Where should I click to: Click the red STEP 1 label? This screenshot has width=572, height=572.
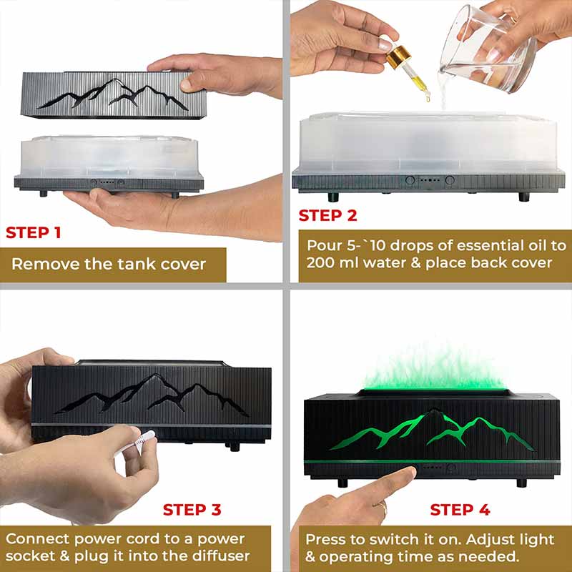point(33,233)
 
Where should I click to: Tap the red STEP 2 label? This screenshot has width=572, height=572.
point(327,215)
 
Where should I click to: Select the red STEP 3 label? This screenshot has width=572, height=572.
point(192,510)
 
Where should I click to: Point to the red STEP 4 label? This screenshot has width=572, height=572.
point(460,510)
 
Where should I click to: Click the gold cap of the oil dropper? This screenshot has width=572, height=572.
point(398,57)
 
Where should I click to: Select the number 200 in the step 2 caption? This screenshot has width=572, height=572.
point(320,262)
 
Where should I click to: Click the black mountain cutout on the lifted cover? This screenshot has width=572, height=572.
point(113,94)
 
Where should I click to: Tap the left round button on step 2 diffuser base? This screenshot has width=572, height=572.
point(410,180)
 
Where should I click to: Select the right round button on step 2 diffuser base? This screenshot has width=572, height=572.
point(450,180)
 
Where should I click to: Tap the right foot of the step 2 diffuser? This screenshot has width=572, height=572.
point(524,197)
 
